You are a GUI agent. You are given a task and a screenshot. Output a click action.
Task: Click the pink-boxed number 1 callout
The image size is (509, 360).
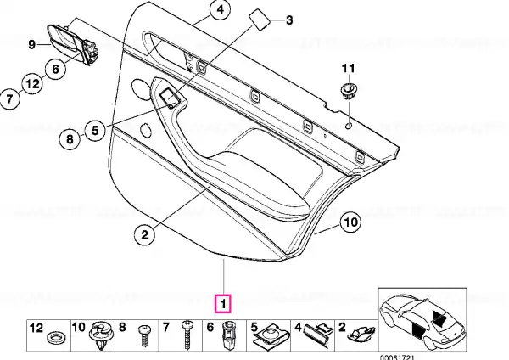coord(222,303)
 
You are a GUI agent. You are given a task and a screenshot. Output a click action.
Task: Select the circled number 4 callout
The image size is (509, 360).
coord(220,9)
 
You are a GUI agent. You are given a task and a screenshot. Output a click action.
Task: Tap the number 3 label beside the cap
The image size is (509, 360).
coord(288,20)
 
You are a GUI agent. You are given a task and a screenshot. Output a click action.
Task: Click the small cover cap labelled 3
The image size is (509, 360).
coord(260,20)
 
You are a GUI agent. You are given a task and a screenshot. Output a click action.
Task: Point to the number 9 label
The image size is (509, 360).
coord(31,44)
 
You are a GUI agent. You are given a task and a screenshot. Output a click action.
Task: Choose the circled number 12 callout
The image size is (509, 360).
coord(32,84)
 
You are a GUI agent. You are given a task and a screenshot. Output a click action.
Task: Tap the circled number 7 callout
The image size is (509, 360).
coord(9,98)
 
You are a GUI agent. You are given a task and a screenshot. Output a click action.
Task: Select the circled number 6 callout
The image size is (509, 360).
coord(55,69)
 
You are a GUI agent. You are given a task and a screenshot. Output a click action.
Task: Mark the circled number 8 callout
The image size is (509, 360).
coord(70,140)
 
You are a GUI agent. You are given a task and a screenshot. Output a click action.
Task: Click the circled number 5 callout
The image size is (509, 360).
coord(95,131)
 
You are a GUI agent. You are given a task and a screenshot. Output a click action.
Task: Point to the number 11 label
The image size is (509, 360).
coord(348,69)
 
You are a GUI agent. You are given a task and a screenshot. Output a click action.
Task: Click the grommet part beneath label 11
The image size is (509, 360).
coord(349,91)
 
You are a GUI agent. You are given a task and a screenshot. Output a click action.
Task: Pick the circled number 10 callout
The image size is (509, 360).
coord(351,222)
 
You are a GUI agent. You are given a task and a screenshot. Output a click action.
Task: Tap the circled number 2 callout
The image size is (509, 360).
coord(144,234)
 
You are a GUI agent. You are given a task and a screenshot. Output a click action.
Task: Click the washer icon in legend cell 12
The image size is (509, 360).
coord(55,337)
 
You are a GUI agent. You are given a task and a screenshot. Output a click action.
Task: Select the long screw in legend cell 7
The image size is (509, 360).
coord(187,335)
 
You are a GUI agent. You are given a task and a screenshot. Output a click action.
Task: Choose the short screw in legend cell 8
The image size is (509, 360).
coord(143,335)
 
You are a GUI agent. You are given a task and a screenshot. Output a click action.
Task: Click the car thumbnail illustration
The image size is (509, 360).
coord(422,320)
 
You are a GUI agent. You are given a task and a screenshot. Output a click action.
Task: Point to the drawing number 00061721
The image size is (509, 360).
coord(397,357)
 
